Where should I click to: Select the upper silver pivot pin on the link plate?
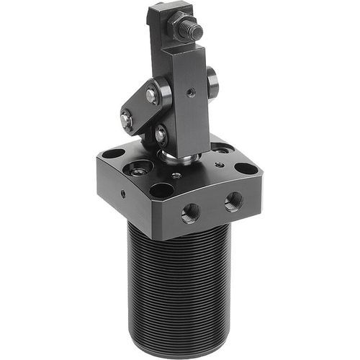point(150,93)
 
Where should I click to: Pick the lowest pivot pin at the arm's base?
point(161,133)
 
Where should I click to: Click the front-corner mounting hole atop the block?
point(163,191)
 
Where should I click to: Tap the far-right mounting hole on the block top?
point(246,170)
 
